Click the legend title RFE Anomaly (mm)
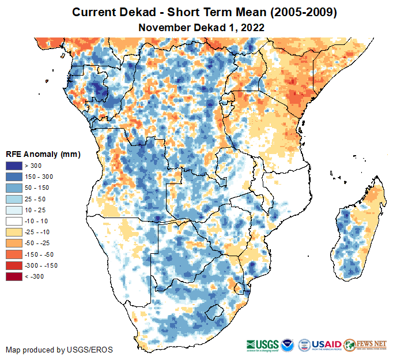43,154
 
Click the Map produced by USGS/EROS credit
59,350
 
